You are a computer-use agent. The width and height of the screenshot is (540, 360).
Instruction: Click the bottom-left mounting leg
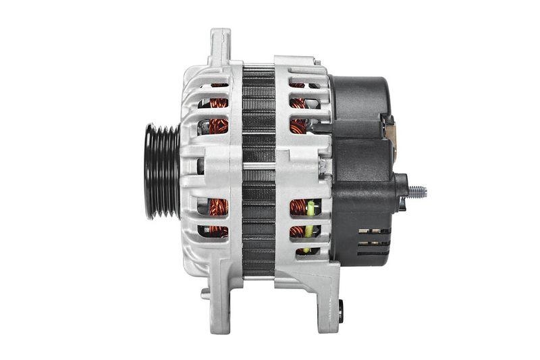219,297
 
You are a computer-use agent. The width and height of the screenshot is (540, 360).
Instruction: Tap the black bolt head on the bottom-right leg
340,311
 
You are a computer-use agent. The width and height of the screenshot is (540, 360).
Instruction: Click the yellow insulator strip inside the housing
309,226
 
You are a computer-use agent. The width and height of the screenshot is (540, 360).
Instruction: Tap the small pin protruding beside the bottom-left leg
205,294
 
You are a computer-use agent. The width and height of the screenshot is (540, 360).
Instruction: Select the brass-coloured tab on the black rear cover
389,132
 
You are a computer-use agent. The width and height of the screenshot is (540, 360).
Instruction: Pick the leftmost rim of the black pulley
146,172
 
